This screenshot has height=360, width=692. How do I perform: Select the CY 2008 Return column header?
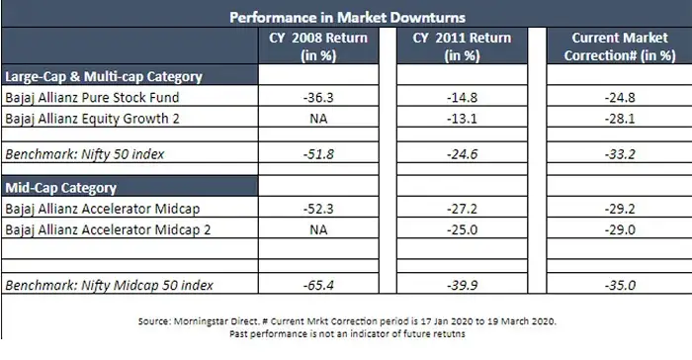(319, 45)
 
